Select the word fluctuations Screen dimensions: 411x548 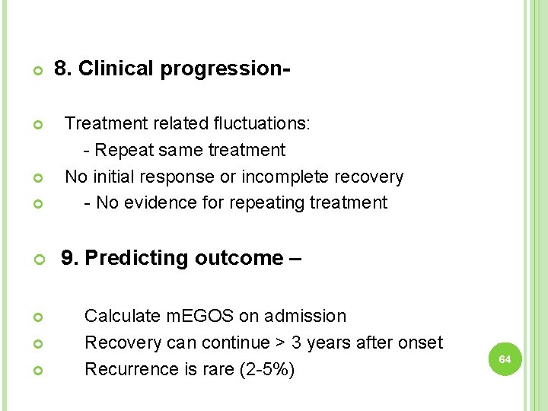(261, 123)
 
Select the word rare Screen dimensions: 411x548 (217, 369)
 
